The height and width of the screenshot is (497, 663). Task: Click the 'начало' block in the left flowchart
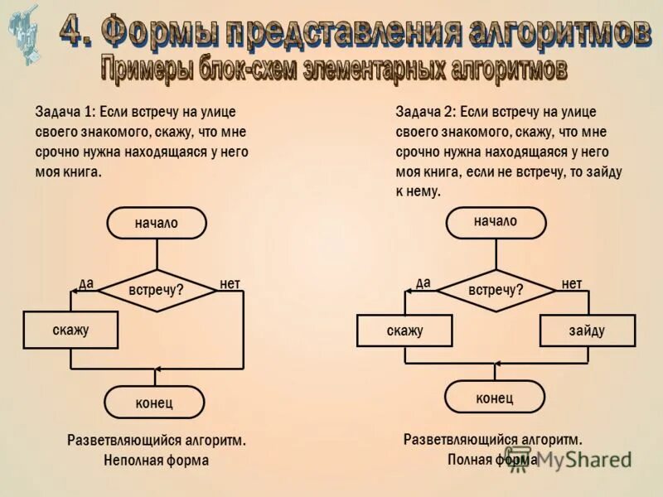pos(156,223)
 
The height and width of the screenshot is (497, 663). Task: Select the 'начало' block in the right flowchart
pos(496,222)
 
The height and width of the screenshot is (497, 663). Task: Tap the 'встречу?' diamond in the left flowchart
pos(156,290)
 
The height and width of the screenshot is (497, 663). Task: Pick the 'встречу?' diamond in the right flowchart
pos(496,290)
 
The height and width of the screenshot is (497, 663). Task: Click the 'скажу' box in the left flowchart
pos(70,330)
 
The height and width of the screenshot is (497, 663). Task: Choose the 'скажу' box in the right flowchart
pos(404,331)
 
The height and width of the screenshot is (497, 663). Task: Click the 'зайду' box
pos(587,331)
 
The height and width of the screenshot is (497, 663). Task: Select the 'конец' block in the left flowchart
pos(154,403)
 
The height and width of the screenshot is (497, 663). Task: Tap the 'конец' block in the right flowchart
pos(495,398)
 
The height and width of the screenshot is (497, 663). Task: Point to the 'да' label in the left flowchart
pos(86,283)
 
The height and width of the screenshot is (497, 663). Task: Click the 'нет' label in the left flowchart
pos(230,283)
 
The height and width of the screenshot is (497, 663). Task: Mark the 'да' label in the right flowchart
pos(423,282)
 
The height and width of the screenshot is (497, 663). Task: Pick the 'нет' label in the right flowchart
pos(572,283)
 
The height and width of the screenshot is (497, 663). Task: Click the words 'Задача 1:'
pos(64,112)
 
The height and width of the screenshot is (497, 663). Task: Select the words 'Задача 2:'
pos(424,112)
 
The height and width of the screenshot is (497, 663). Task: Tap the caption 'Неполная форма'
pos(156,460)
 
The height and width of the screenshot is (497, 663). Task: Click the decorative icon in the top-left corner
pos(24,33)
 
